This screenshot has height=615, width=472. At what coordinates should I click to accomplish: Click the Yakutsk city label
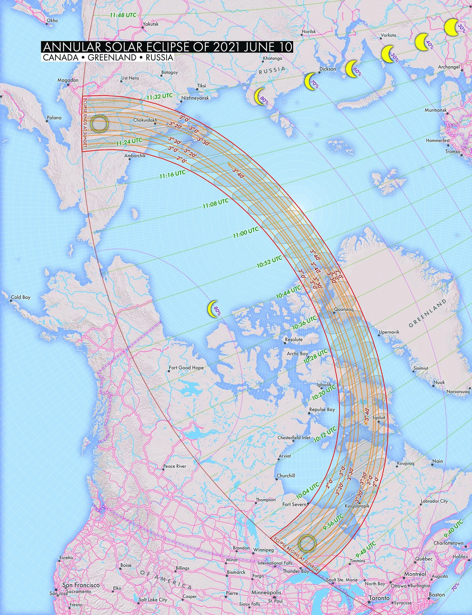[151, 24]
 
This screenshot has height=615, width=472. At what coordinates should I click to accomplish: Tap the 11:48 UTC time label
[123, 15]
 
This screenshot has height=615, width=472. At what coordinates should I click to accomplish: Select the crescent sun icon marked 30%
[452, 27]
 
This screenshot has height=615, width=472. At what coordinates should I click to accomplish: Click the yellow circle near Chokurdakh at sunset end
[99, 123]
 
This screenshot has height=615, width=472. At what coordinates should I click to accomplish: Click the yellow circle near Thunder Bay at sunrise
[307, 544]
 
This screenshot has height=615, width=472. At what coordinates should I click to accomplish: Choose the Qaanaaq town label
[344, 309]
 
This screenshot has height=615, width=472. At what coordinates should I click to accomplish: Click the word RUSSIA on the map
[272, 70]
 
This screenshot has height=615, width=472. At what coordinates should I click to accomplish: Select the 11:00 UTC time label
[246, 232]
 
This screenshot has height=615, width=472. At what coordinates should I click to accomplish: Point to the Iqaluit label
[379, 418]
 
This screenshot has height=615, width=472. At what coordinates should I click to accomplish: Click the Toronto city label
[379, 598]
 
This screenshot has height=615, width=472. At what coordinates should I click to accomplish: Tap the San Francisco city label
[81, 585]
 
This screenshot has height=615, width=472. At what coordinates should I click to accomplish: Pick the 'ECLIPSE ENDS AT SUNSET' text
[85, 123]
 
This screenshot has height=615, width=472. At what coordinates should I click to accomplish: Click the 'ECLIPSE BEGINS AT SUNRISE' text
[296, 554]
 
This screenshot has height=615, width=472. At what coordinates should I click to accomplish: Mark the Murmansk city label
[435, 110]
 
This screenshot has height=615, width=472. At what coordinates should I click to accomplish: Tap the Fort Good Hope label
[186, 368]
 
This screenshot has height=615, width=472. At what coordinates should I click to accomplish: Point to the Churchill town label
[286, 476]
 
